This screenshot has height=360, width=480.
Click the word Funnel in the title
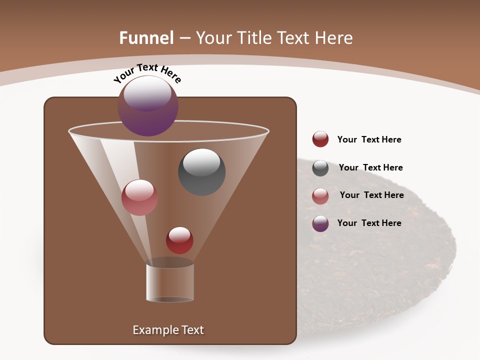click(x=146, y=37)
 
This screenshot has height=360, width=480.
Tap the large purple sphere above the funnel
click(x=148, y=106)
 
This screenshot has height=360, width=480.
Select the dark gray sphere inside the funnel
click(x=201, y=172)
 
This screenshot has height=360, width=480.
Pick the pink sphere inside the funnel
click(x=139, y=197)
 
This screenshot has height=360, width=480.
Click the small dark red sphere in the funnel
click(x=179, y=240)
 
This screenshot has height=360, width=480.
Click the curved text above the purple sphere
click(x=147, y=72)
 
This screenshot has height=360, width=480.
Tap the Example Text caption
click(x=168, y=330)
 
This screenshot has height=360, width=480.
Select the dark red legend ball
click(x=320, y=139)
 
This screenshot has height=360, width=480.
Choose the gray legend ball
click(x=320, y=168)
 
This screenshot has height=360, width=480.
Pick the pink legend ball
click(x=320, y=196)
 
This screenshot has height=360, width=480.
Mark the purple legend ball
click(x=320, y=223)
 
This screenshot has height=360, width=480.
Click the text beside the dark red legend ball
click(x=369, y=139)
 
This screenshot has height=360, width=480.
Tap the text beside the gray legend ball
click(x=370, y=167)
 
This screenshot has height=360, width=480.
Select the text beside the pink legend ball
click(x=371, y=195)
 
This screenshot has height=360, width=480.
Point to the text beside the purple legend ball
click(x=369, y=223)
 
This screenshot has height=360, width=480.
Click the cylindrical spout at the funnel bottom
click(x=169, y=282)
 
